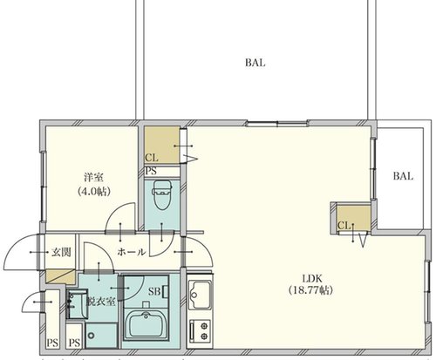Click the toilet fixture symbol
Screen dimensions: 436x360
[162, 195]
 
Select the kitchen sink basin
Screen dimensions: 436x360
[200, 294]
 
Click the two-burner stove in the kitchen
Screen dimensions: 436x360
[200, 329]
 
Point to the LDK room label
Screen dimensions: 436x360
[312, 279]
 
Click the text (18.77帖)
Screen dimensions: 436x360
[310, 290]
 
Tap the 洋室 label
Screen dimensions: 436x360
[93, 177]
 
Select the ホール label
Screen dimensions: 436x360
[132, 252]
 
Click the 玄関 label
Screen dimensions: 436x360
[61, 252]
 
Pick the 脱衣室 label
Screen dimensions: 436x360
[101, 302]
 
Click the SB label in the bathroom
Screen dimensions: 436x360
[154, 291]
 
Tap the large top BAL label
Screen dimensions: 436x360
[255, 63]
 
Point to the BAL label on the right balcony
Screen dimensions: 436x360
[403, 176]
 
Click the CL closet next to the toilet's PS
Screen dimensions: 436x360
[162, 145]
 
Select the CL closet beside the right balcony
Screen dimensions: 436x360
[354, 218]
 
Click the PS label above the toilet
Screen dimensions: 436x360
[151, 171]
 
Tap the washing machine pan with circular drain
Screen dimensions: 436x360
[101, 336]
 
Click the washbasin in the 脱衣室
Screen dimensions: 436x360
[77, 304]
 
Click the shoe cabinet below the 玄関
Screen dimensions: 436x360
[61, 276]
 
